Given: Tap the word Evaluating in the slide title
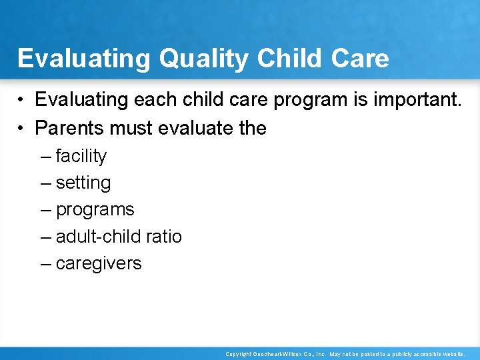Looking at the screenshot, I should click(84, 59).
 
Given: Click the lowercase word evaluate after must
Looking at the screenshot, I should click(199, 127).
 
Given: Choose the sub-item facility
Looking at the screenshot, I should click(81, 156).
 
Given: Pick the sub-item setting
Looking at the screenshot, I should click(83, 183).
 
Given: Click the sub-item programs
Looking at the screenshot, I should click(95, 209).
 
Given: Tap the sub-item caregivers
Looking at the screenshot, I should click(99, 263).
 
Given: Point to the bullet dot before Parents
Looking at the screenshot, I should click(22, 127).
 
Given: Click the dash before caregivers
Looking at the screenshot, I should click(45, 263).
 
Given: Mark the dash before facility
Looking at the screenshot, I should click(45, 156).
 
